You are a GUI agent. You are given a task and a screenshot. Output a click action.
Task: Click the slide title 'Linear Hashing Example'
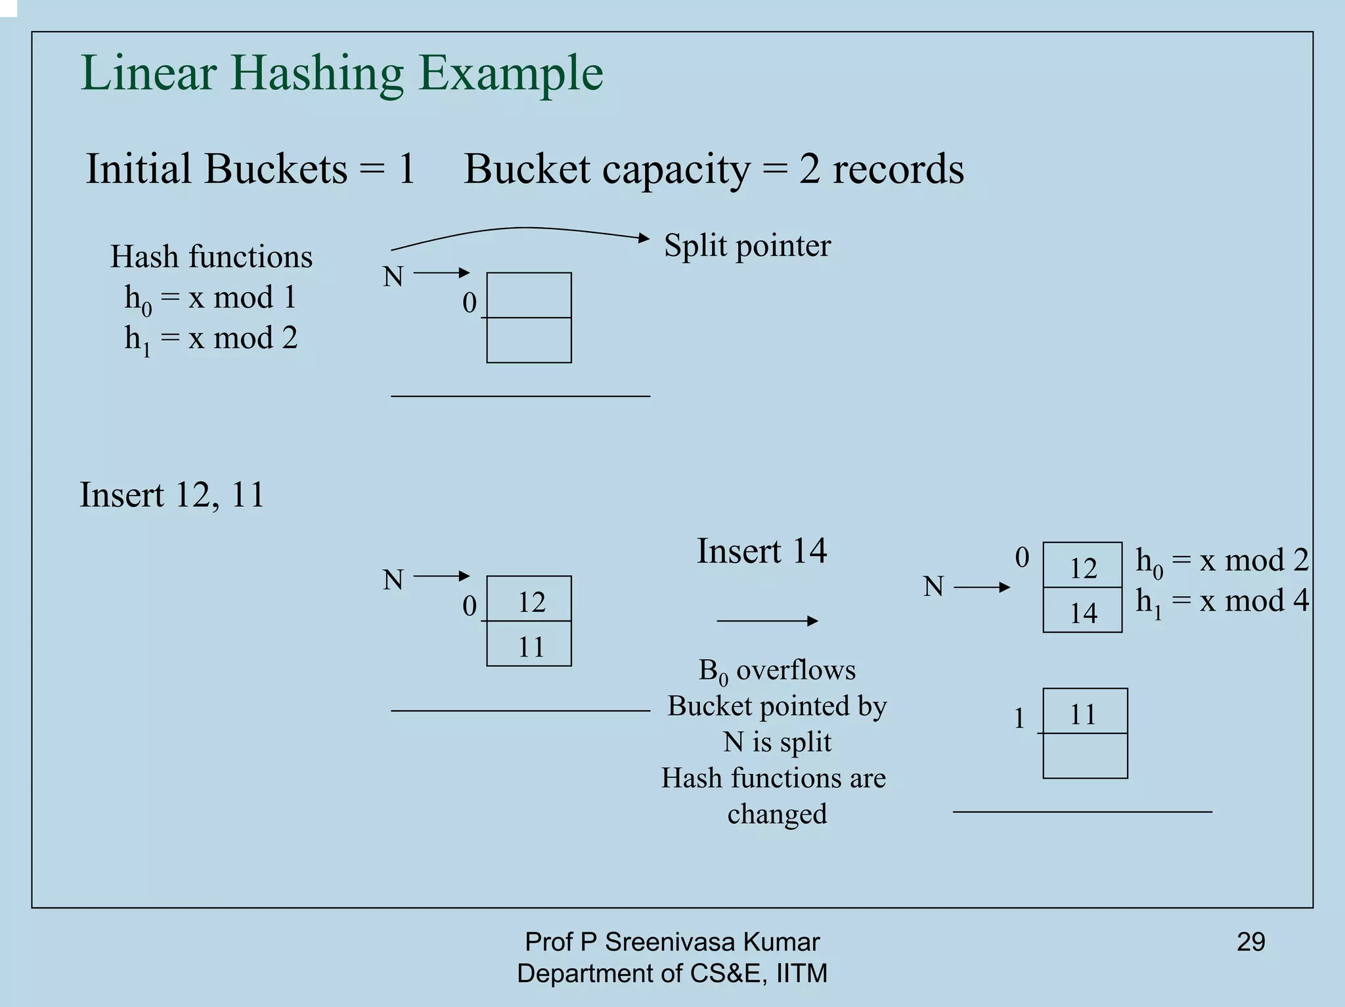pyautogui.click(x=342, y=73)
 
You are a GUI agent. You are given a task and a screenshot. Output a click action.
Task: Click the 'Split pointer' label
pyautogui.click(x=747, y=246)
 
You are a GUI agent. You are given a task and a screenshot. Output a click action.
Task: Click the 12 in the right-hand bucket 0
pyautogui.click(x=1082, y=567)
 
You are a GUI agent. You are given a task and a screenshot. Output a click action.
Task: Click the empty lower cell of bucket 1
pyautogui.click(x=1085, y=756)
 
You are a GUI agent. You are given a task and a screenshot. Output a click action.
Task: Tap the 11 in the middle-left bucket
pyautogui.click(x=530, y=647)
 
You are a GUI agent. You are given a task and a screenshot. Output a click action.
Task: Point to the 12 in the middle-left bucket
pyautogui.click(x=530, y=601)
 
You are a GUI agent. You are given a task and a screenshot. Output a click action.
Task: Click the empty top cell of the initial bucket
pyautogui.click(x=529, y=295)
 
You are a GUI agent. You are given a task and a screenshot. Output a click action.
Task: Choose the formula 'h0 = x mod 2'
pyautogui.click(x=1222, y=561)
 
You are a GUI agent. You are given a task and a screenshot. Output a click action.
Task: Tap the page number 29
pyautogui.click(x=1250, y=942)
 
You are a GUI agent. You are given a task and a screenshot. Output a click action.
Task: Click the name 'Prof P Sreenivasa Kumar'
pyautogui.click(x=672, y=942)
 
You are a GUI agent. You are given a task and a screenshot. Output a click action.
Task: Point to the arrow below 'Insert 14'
pyautogui.click(x=767, y=620)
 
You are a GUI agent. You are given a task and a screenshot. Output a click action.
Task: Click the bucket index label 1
pyautogui.click(x=1019, y=718)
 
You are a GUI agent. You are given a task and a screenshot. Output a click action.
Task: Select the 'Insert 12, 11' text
pyautogui.click(x=171, y=494)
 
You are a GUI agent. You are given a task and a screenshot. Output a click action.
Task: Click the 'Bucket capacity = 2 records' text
pyautogui.click(x=713, y=169)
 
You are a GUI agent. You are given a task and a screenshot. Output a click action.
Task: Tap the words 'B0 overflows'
pyautogui.click(x=777, y=670)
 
